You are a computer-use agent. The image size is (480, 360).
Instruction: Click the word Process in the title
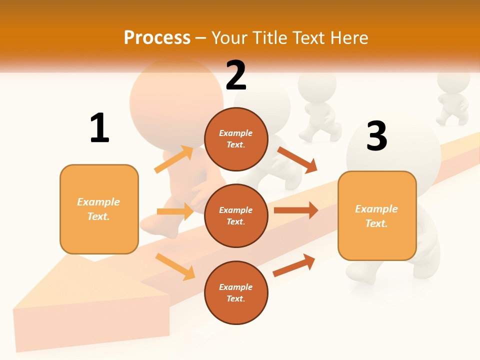coord(157,38)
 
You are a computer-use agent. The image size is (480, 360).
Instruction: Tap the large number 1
coord(99,128)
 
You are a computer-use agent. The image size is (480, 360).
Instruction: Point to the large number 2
coord(236,75)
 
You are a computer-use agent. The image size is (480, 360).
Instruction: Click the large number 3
coord(376,136)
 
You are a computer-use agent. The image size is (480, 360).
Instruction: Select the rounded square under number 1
coord(99,209)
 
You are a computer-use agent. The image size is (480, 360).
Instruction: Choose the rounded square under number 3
coord(377,216)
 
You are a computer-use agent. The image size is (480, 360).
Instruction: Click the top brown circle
coord(236,139)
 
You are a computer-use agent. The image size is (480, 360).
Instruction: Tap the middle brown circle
coord(236,215)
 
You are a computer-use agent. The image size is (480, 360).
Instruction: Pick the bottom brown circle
coord(236,292)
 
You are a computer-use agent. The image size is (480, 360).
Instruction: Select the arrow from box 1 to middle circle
coord(175,211)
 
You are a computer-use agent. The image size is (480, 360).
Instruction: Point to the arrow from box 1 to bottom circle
coord(175,266)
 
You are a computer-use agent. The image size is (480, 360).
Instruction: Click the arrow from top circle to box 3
coord(297,159)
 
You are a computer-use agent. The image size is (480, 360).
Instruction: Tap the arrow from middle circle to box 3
coord(296,210)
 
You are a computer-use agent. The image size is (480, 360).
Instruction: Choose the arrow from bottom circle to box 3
coord(294,265)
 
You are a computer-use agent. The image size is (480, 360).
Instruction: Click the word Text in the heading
coord(308,38)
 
